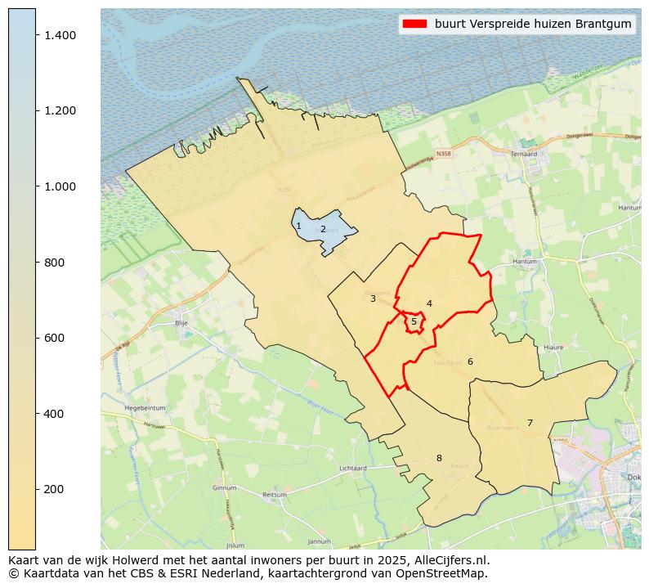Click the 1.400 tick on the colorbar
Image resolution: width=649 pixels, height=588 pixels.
36,35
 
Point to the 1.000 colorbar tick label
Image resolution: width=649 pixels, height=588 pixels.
60,186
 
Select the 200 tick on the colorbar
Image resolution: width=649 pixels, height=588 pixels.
36,489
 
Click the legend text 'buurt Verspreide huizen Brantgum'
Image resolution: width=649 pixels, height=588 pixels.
533,25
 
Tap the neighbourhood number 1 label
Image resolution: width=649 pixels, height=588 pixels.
298,226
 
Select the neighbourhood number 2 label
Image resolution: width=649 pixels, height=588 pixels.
323,229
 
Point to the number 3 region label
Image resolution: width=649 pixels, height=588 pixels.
373,298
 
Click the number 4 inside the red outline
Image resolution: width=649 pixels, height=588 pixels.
429,303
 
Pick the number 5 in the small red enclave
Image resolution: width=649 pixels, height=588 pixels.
414,321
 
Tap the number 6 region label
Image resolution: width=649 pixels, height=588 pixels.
470,361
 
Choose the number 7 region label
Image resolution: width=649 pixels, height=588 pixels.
530,423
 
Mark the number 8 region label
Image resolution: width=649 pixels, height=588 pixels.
439,458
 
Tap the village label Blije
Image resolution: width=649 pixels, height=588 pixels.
181,323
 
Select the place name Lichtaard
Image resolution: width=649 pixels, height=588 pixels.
352,469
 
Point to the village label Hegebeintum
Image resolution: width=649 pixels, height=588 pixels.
145,407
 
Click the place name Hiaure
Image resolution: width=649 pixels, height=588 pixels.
553,347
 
